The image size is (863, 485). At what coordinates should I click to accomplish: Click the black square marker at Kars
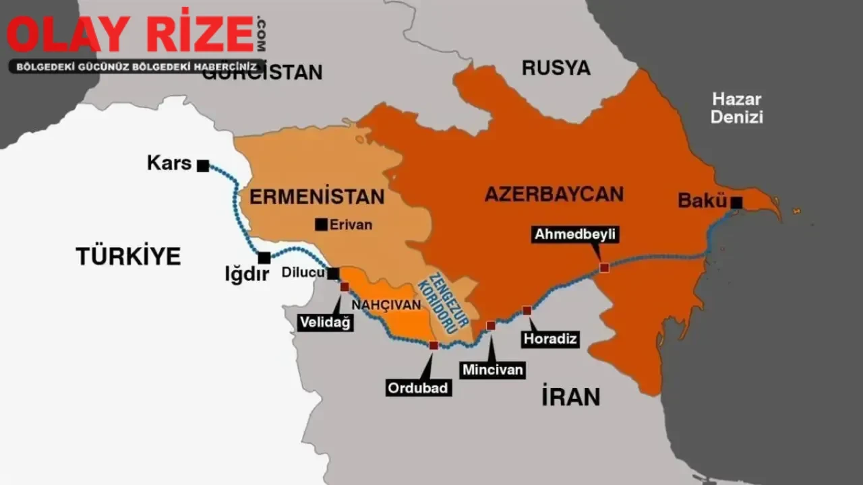(x=203, y=166)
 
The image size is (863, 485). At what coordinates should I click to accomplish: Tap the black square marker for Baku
(x=737, y=202)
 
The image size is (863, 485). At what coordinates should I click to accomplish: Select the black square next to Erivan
(x=321, y=225)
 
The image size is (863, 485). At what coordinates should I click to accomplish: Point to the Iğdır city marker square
(x=264, y=258)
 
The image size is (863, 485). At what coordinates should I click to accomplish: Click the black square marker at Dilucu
(x=333, y=273)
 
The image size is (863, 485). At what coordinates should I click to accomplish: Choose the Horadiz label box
(x=551, y=339)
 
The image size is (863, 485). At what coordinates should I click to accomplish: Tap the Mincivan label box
(x=493, y=370)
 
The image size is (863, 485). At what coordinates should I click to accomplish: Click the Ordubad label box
(x=418, y=388)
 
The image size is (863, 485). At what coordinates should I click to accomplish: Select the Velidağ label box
(x=325, y=323)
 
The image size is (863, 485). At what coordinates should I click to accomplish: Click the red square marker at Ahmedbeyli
(x=604, y=267)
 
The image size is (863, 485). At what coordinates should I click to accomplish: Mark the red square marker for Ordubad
(x=434, y=345)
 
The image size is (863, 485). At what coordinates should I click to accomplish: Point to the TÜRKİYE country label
(x=128, y=256)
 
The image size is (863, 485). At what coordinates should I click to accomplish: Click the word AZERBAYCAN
(x=554, y=195)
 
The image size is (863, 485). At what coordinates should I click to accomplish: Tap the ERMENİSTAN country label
(x=317, y=197)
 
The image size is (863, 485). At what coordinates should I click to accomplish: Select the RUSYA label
(x=556, y=68)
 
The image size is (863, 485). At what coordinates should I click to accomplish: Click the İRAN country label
(x=570, y=397)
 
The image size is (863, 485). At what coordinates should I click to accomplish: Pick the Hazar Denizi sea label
(x=737, y=108)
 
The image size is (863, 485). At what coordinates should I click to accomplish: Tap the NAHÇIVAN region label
(x=386, y=304)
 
